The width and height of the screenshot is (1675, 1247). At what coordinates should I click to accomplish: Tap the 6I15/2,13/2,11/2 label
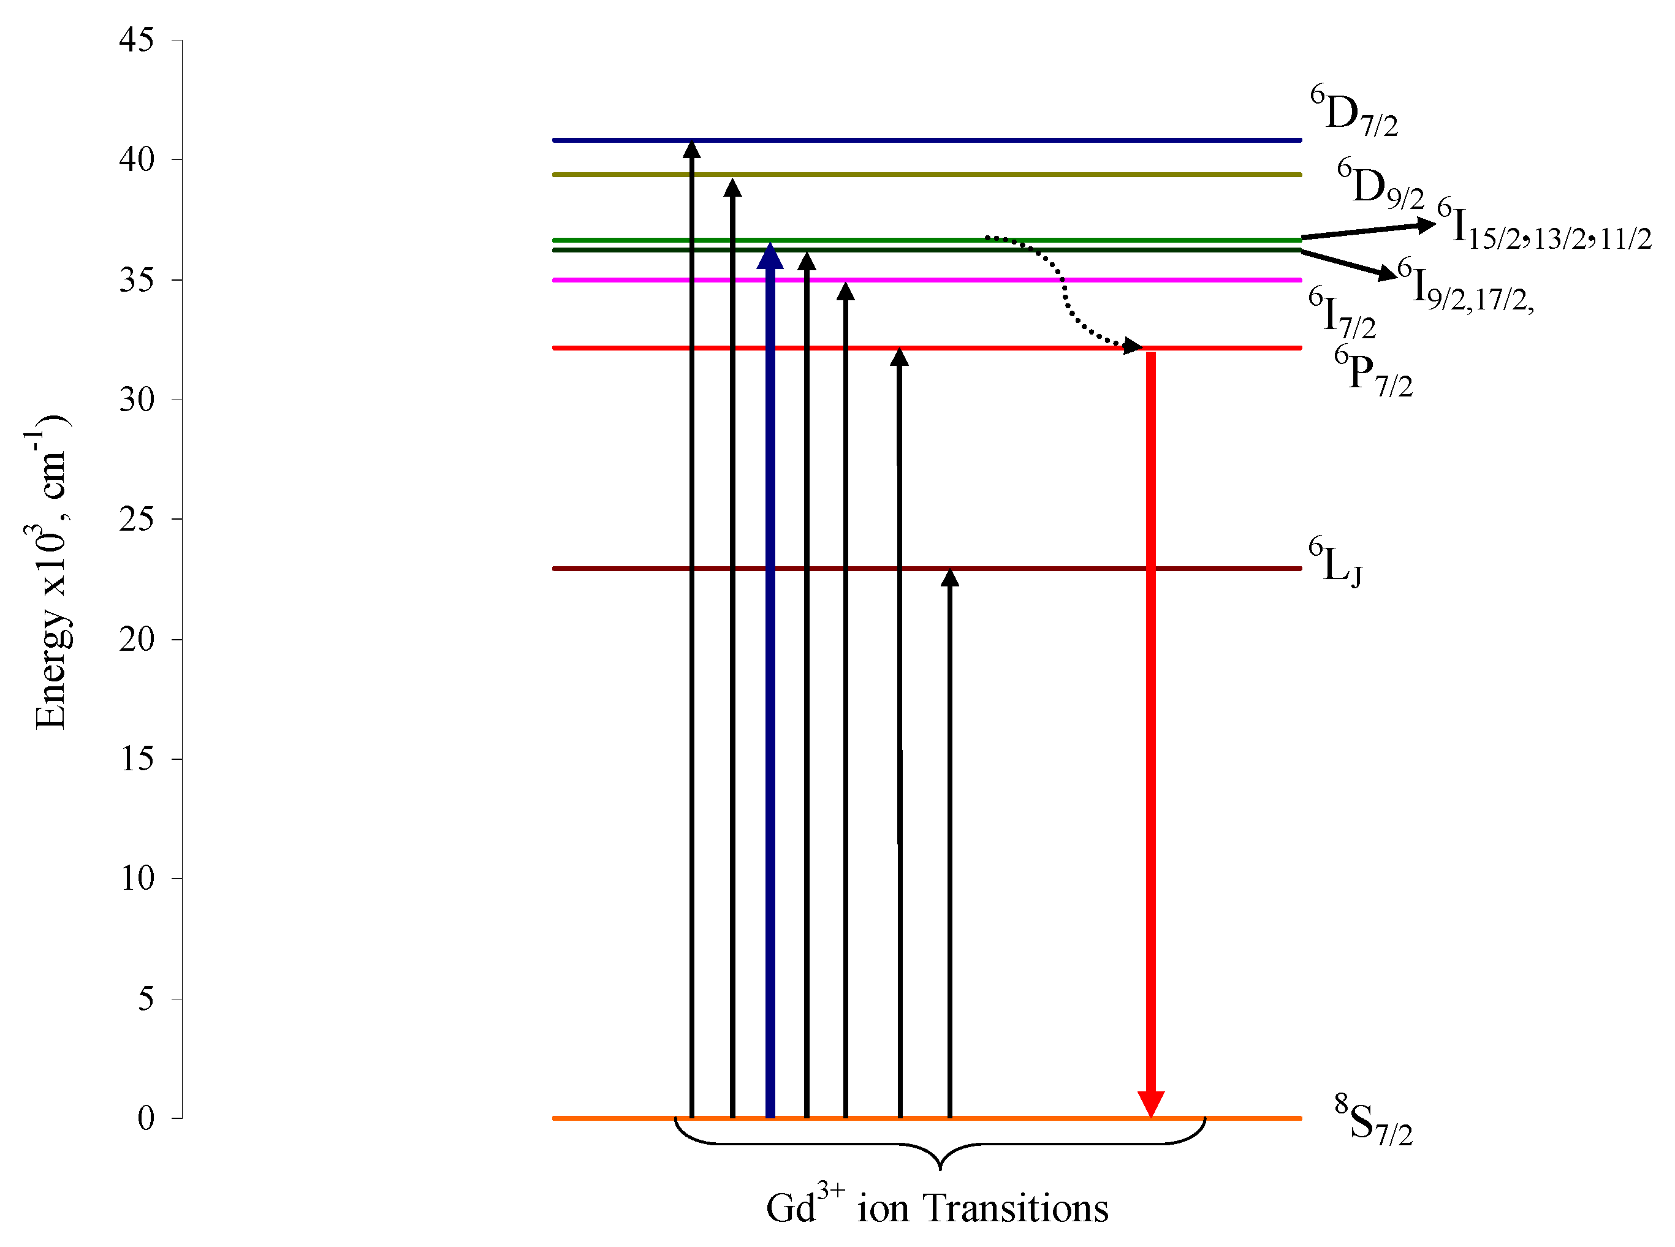coord(1544,227)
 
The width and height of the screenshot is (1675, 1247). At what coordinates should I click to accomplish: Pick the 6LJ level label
coord(1335,563)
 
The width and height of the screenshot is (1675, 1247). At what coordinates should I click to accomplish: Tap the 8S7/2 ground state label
coord(1372,1122)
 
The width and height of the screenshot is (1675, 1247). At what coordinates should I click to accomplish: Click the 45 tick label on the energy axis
coord(137,40)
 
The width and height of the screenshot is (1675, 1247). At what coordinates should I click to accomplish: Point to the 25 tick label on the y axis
coord(137,520)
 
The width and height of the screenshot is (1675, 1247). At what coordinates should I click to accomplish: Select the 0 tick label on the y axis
coord(146,1118)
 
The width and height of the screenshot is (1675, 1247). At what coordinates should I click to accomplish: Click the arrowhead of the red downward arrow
coord(1150,1104)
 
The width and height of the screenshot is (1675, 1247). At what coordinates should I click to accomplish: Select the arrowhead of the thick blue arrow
coord(770,257)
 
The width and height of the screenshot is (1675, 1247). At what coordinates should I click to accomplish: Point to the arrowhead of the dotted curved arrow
coord(1132,346)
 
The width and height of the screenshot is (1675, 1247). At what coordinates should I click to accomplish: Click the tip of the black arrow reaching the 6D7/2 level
coord(691,147)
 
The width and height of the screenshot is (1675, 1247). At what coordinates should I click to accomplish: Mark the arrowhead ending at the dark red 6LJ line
coord(949,577)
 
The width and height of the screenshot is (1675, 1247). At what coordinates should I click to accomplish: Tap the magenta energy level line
coord(1057,280)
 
